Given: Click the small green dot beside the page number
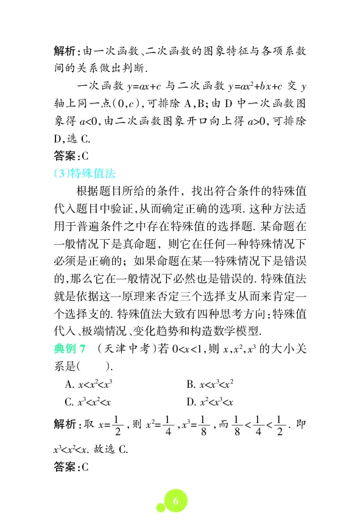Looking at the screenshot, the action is click(x=159, y=507).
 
